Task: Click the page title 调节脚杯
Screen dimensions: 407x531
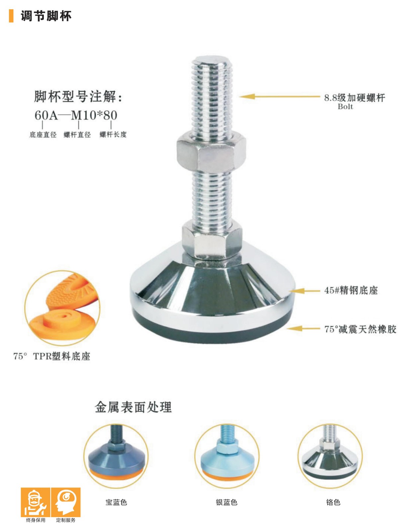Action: [46, 16]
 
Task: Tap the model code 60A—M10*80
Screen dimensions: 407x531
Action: [76, 115]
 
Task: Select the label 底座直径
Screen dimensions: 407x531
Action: [43, 135]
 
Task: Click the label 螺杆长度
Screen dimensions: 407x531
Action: [113, 134]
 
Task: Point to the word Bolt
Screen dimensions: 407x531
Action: [345, 107]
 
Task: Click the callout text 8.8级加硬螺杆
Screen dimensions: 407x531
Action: [355, 98]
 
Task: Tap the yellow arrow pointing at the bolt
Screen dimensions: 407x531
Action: [280, 97]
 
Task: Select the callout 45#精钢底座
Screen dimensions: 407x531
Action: [351, 290]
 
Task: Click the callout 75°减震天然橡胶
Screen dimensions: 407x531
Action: [360, 330]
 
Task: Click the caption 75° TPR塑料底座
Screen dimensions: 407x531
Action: [52, 356]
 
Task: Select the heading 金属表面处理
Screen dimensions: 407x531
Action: [133, 407]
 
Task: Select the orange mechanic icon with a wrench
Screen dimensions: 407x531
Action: [36, 502]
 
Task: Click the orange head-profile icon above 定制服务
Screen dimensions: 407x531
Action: [66, 502]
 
